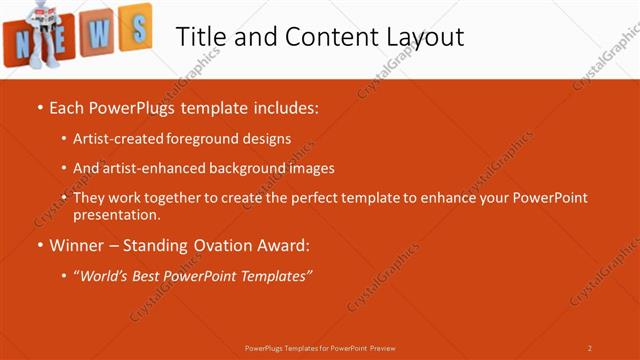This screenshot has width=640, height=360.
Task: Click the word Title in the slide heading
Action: (x=200, y=37)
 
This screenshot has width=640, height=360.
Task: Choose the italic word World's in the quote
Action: (x=106, y=275)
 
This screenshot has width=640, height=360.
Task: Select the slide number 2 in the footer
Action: (x=590, y=348)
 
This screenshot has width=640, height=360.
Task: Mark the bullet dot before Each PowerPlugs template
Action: (x=39, y=106)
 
